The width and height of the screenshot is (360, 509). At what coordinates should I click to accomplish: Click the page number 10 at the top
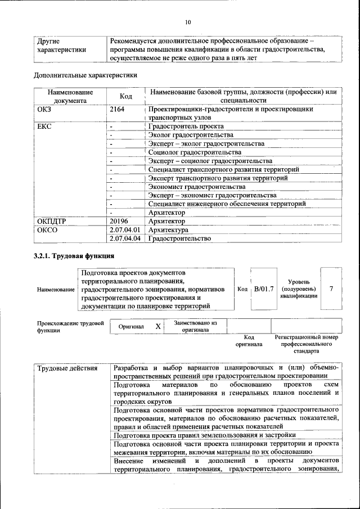pos(188,22)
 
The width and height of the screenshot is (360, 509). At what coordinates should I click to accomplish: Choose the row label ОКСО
pos(47,230)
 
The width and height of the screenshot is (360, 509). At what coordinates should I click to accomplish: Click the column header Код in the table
pos(126,96)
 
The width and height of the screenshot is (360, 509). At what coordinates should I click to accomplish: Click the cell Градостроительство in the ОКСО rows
pos(179,238)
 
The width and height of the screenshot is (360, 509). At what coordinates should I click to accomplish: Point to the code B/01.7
pos(264,289)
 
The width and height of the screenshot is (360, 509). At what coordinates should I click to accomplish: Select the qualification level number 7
pos(331,289)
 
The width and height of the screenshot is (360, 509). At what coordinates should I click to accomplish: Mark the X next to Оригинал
pos(158,326)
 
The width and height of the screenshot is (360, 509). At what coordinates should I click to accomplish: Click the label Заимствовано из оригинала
pos(195,326)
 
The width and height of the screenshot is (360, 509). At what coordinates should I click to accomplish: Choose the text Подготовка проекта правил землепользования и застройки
pos(204,435)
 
